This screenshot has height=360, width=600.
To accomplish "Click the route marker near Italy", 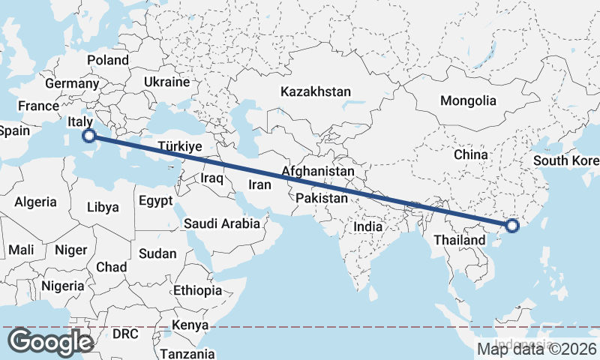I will point(89,136).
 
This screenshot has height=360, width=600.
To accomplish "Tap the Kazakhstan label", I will point(316,91).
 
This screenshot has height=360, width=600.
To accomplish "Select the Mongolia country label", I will point(468,100).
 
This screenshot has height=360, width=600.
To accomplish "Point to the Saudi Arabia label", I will point(222,223).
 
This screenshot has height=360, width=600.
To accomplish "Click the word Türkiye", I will point(181,147).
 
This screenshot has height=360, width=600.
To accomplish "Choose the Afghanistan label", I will point(318,172).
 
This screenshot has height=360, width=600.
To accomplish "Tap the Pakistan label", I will point(322,198).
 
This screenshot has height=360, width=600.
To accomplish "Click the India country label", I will point(368,226).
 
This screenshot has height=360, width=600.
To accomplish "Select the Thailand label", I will point(459,240).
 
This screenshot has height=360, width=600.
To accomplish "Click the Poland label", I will point(108,60).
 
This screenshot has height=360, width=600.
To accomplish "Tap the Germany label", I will point(72,84).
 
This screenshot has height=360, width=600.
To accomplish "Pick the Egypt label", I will point(156,201).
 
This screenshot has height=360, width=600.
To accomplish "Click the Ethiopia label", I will point(197,290).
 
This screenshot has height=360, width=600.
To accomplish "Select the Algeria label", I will point(36,202).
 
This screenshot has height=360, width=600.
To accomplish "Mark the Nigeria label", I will point(63,286).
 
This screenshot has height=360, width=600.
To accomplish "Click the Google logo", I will point(50,342).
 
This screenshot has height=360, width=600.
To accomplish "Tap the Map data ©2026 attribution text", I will point(537,349).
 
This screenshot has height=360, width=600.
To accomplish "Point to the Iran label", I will point(259,184).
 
